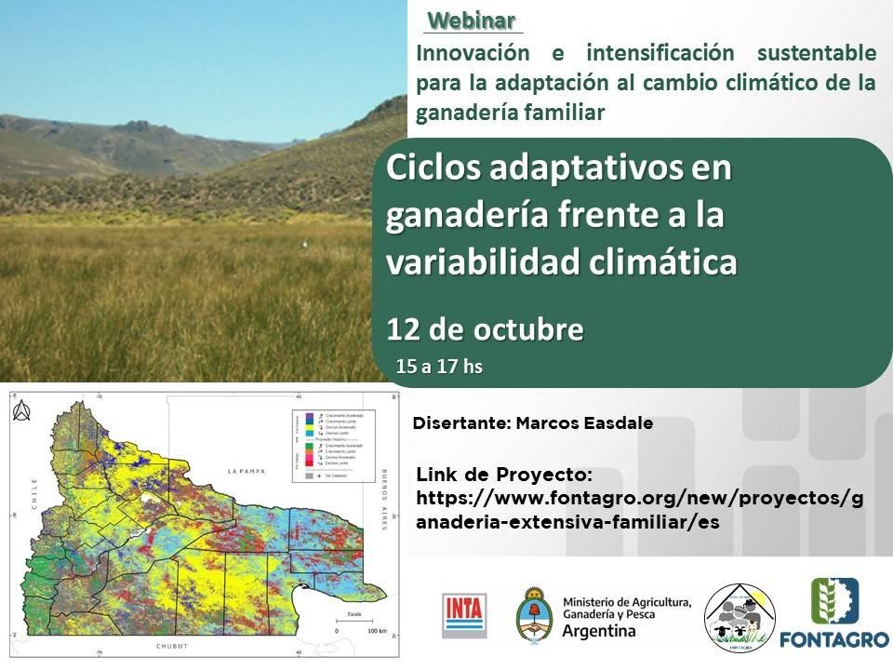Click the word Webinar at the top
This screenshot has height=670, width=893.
click(472, 20)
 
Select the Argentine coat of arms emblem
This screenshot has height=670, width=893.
click(534, 614)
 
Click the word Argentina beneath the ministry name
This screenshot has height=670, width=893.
click(600, 631)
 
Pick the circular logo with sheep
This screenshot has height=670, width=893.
click(739, 615)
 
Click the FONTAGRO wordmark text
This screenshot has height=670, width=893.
click(834, 640)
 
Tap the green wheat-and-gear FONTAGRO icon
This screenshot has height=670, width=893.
click(834, 601)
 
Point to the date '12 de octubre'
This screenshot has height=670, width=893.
click(486, 330)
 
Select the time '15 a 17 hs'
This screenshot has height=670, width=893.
click(439, 367)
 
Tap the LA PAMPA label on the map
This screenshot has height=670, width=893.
click(247, 472)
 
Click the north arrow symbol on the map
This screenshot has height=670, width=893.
click(23, 409)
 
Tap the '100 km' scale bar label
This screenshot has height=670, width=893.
click(377, 630)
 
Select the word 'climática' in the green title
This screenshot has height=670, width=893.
click(664, 261)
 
